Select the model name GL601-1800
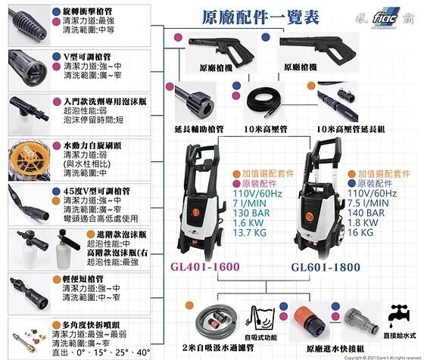pos(326,268)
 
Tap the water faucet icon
pos(397,315)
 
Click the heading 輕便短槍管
pos(86,278)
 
